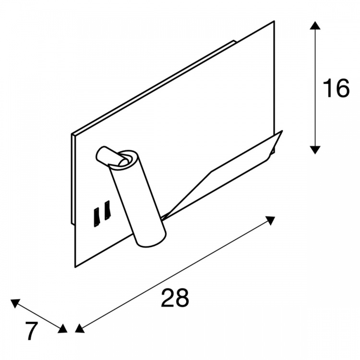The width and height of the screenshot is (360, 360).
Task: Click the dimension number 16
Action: tap(336, 88)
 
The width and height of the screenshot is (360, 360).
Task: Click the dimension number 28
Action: tap(175, 298)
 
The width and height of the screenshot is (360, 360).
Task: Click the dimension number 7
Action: tap(32, 331)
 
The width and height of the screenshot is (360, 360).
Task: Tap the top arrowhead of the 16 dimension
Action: tap(315, 25)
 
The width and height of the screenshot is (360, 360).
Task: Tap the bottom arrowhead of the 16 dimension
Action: tap(315, 150)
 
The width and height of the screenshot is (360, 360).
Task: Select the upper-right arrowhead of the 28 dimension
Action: tap(270, 220)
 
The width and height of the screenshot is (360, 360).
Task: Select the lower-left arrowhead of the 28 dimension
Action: tap(79, 328)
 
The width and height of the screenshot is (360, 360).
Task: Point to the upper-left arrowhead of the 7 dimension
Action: tap(15, 303)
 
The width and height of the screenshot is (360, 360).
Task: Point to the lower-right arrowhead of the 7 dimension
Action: tap(62, 328)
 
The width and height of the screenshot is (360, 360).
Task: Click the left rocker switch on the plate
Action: tap(96, 217)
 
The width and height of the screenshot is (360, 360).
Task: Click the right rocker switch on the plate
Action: tap(107, 210)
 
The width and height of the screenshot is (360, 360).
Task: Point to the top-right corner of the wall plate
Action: tap(275, 21)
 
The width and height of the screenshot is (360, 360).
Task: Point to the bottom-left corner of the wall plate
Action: tap(75, 267)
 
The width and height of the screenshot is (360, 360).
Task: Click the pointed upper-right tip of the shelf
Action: tap(282, 131)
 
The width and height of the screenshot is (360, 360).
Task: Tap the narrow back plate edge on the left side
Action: tap(72, 179)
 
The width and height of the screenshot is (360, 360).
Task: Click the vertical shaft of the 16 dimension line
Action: tap(315, 87)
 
